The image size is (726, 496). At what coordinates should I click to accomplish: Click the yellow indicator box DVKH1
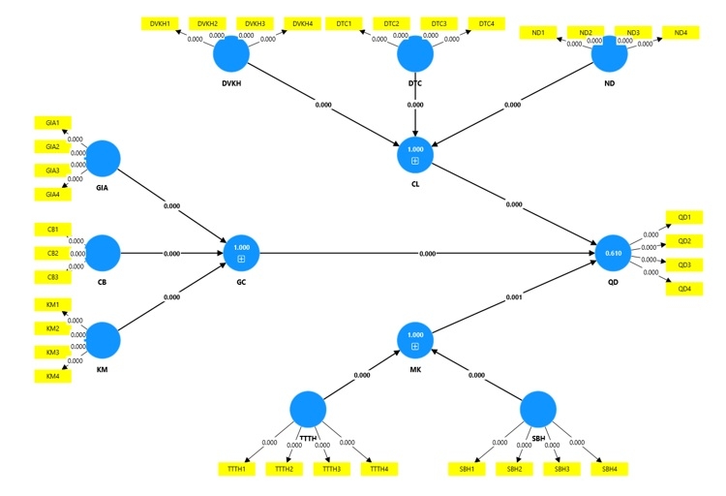160,23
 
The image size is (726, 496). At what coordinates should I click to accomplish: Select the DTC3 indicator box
439,23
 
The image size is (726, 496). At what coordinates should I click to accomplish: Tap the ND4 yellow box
681,33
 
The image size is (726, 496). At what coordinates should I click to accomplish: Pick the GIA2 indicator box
53,147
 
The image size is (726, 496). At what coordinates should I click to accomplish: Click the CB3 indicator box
53,277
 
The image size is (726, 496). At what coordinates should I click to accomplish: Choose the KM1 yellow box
53,305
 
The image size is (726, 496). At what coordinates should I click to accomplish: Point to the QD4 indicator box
684,289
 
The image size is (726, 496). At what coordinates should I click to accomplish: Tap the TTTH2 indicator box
285,469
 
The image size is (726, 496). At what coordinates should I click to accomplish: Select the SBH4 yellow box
609,469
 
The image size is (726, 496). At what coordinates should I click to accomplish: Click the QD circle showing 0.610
613,253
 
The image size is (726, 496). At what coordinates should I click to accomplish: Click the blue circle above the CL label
415,155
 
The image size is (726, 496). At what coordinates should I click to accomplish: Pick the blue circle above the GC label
241,253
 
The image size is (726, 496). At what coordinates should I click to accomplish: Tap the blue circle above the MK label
415,340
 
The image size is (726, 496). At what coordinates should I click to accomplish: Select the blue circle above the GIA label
103,159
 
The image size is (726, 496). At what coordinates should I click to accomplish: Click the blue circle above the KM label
103,340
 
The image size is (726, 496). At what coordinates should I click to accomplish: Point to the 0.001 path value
514,297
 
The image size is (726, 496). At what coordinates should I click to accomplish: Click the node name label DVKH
231,83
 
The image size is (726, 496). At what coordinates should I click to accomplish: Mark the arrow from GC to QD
427,254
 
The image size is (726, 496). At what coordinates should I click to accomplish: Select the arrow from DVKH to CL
323,105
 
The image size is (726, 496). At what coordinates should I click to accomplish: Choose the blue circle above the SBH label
538,410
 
